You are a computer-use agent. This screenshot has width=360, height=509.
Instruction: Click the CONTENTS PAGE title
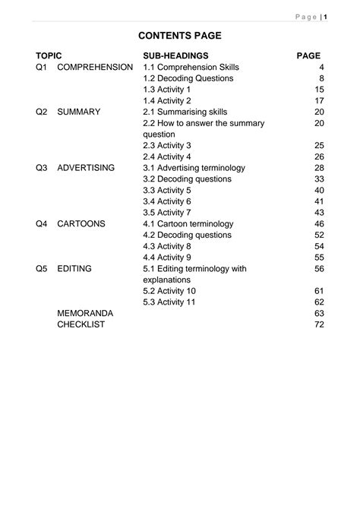(x=180, y=35)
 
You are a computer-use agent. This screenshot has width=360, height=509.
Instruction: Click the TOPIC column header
(x=48, y=56)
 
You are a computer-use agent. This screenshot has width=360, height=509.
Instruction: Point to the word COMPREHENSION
(x=94, y=68)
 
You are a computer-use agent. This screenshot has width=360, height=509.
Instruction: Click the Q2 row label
(x=41, y=112)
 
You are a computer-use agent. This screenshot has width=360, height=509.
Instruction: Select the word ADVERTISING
(x=86, y=167)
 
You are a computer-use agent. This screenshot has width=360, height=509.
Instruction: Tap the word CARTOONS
(x=81, y=223)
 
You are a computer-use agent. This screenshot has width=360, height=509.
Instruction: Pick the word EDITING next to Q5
(x=74, y=268)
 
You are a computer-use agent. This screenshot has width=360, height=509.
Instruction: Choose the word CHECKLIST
(x=81, y=324)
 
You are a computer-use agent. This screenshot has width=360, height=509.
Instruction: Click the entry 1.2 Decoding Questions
(x=188, y=78)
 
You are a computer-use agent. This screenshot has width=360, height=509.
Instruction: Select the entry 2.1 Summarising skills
(x=185, y=112)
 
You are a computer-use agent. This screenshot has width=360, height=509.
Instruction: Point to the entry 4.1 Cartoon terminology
(x=189, y=223)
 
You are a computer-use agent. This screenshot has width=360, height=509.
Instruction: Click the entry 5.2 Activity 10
(x=170, y=291)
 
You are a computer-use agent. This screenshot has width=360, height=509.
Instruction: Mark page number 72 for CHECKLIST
(x=319, y=324)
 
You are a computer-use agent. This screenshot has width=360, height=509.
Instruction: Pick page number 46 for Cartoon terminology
(x=319, y=223)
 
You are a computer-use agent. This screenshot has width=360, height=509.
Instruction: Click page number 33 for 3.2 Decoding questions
(x=319, y=179)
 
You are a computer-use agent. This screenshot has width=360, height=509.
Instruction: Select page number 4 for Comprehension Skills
(x=322, y=68)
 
